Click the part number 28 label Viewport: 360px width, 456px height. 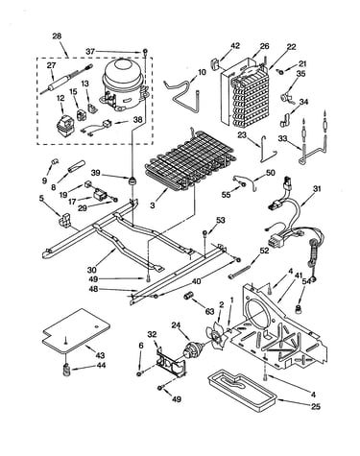pyautogui.click(x=57, y=36)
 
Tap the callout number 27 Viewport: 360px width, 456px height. pyautogui.click(x=51, y=65)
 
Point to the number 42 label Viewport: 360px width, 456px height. pyautogui.click(x=235, y=46)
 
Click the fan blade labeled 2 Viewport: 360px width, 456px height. pyautogui.click(x=216, y=337)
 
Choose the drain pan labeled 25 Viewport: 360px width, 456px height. pyautogui.click(x=242, y=388)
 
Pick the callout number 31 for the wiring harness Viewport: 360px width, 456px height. pyautogui.click(x=316, y=189)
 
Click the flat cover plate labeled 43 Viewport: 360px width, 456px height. pyautogui.click(x=76, y=331)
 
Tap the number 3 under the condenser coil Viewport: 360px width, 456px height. pyautogui.click(x=153, y=205)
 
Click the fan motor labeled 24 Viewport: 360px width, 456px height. pyautogui.click(x=193, y=348)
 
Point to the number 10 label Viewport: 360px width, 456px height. pyautogui.click(x=202, y=72)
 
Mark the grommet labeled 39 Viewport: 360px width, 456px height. pyautogui.click(x=132, y=181)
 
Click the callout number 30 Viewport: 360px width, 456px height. pyautogui.click(x=92, y=271)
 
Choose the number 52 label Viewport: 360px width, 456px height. pyautogui.click(x=264, y=251)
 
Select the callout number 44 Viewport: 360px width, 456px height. pyautogui.click(x=101, y=366)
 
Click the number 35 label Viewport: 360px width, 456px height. pyautogui.click(x=300, y=74)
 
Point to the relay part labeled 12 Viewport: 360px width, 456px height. pyautogui.click(x=65, y=126)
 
